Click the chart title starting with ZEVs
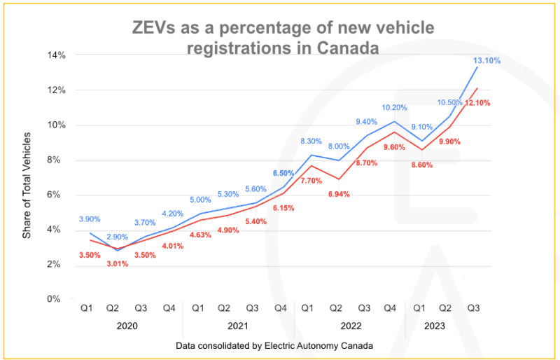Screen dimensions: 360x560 click(283, 38)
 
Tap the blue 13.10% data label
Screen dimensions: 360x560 click(485, 61)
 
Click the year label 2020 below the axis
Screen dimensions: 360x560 click(127, 326)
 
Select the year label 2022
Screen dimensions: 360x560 click(351, 326)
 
